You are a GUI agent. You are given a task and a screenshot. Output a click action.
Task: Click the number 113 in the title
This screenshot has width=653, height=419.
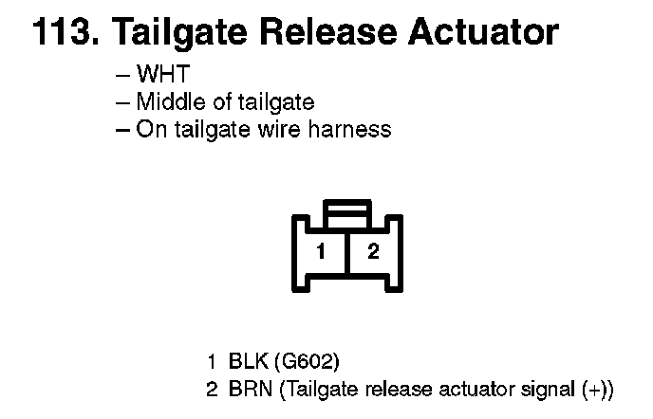[63, 33]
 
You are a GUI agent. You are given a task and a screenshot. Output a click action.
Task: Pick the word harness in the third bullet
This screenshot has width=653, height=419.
[352, 129]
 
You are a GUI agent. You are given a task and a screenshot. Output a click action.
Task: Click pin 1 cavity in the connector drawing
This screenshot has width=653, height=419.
[323, 251]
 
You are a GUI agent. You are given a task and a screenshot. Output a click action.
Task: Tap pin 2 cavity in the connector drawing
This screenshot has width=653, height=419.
[373, 251]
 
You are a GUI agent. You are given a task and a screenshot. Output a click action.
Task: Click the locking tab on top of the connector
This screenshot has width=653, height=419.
[346, 209]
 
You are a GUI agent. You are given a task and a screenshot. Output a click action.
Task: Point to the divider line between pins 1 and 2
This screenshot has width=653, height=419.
[347, 251]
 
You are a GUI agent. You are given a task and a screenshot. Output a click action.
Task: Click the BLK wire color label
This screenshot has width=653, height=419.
[247, 361]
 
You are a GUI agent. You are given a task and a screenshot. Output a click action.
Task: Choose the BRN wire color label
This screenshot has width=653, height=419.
[249, 388]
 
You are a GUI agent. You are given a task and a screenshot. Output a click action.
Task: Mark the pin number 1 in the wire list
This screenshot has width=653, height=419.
[212, 361]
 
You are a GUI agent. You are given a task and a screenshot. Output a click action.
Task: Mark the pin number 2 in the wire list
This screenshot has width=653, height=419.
[212, 388]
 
